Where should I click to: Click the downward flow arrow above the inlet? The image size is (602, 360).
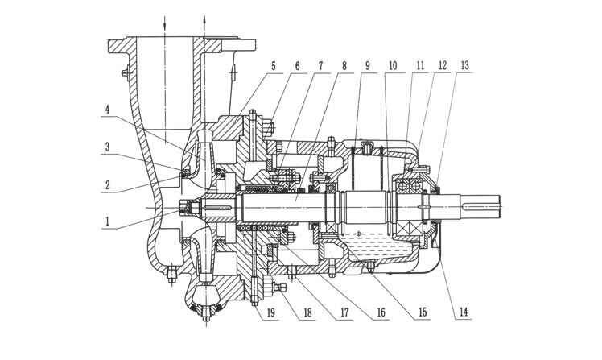164,24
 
